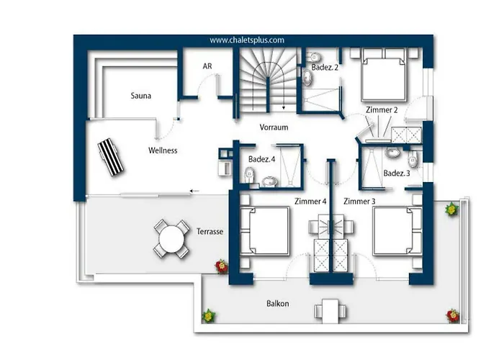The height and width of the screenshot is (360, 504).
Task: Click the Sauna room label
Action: point(141,96)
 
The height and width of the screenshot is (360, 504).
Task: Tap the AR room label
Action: point(207,66)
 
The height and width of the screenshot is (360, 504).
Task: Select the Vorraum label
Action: point(274,127)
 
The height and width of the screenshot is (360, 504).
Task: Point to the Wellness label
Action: point(163,150)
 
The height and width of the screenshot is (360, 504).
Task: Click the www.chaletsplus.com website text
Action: point(247,40)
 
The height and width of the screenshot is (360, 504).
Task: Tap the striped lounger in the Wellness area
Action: point(111,157)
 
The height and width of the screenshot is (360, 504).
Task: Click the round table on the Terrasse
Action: point(171,239)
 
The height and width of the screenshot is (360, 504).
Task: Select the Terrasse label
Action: point(210,231)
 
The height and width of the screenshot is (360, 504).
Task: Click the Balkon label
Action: point(278,303)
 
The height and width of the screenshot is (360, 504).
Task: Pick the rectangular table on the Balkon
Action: point(330,311)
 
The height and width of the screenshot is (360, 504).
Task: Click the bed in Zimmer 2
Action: point(383,75)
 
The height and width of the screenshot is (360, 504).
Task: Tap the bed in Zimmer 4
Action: point(265,231)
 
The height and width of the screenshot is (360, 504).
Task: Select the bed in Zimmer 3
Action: point(397,231)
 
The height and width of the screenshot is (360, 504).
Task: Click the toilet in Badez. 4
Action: point(249,175)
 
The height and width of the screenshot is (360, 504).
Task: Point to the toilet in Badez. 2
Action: point(313,57)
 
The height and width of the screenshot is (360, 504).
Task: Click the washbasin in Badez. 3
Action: point(392,153)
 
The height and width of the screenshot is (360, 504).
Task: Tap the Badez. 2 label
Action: point(325,68)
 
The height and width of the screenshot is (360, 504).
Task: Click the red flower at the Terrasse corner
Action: point(222,266)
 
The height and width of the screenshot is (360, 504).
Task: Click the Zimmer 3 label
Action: point(359,201)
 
